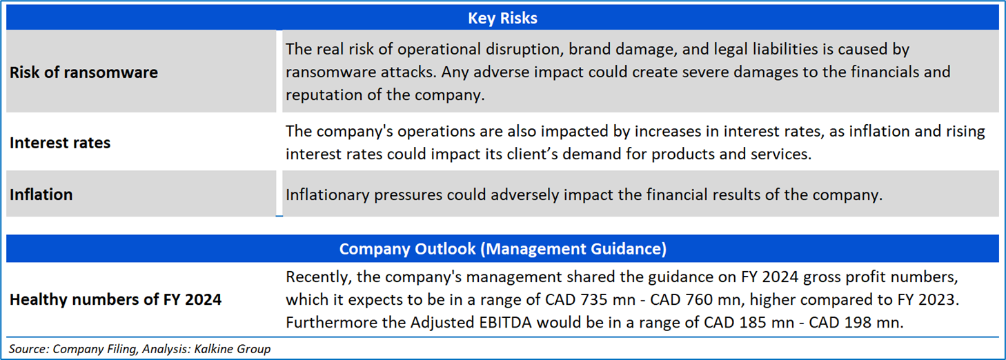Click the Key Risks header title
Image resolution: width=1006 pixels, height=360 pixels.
point(502,18)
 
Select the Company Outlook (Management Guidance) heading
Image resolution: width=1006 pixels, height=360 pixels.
point(502,249)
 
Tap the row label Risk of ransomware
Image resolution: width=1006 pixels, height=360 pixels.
point(83,72)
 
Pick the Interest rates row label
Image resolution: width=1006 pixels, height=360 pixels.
point(60,143)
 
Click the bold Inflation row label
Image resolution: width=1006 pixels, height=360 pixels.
point(41,194)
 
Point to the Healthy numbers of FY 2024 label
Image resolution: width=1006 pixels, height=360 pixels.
point(115,299)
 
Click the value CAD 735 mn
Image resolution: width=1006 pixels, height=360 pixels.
point(590,299)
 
